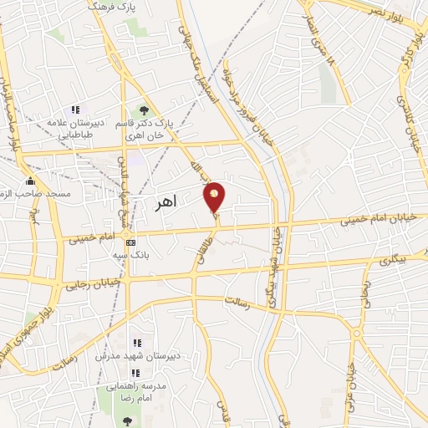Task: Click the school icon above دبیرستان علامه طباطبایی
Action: [x=75, y=110]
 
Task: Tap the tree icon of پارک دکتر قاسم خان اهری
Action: [x=145, y=110]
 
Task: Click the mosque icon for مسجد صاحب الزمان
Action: [x=31, y=181]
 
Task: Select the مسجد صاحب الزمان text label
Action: [x=31, y=194]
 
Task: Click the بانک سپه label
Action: [x=131, y=257]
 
